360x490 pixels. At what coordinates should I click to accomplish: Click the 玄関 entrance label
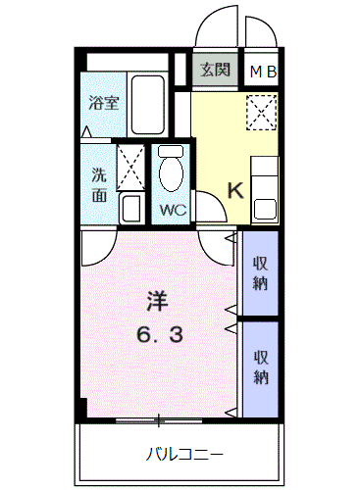(215, 70)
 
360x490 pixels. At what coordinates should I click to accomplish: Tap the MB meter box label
(263, 72)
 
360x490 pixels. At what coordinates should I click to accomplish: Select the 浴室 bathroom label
(104, 103)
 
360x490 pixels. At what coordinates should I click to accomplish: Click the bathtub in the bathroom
(148, 105)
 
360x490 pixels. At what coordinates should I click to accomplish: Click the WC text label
(173, 210)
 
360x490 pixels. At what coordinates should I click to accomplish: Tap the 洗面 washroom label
(99, 184)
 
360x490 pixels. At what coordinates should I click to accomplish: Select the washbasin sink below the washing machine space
(131, 209)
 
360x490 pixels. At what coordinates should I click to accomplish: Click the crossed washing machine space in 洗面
(130, 168)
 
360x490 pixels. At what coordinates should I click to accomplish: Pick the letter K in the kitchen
(235, 190)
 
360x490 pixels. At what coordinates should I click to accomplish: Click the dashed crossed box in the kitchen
(261, 112)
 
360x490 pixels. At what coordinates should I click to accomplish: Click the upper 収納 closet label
(260, 273)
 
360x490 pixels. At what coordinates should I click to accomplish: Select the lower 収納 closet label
(261, 367)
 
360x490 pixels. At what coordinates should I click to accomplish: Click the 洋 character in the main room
(157, 302)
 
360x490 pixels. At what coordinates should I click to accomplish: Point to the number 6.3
(160, 335)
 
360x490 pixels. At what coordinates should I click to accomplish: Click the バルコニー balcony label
(184, 455)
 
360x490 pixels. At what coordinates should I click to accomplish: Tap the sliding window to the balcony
(159, 420)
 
